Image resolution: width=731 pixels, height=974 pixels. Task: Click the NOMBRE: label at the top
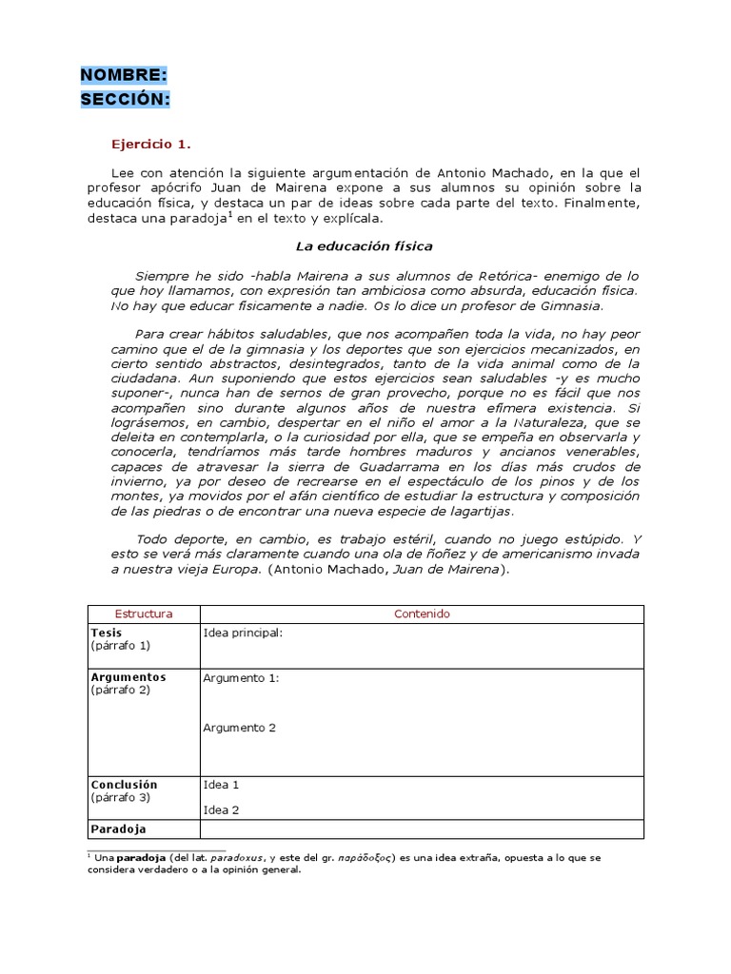coord(124,75)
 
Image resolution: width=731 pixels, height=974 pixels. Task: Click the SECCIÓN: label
coord(126,99)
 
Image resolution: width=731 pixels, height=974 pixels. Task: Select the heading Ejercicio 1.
coord(151,145)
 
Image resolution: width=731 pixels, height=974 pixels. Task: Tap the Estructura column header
coord(143,614)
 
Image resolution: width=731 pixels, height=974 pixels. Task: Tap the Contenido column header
coord(422,614)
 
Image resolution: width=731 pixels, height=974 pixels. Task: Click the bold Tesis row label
coord(107,633)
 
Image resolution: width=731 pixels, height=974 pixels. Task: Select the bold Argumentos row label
coord(128,677)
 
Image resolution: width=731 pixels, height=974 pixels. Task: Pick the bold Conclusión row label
coord(124,785)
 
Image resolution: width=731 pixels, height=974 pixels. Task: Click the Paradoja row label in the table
coord(118,828)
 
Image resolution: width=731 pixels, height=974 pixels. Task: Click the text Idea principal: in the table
coord(243,633)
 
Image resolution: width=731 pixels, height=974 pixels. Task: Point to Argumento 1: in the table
coord(241,678)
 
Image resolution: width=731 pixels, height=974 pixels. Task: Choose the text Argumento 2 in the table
coord(239,728)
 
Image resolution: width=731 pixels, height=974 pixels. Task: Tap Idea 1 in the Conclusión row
coord(221,785)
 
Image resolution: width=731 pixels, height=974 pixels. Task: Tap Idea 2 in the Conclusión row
coord(221,810)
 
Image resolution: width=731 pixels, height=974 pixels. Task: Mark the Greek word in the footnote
coord(365,858)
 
